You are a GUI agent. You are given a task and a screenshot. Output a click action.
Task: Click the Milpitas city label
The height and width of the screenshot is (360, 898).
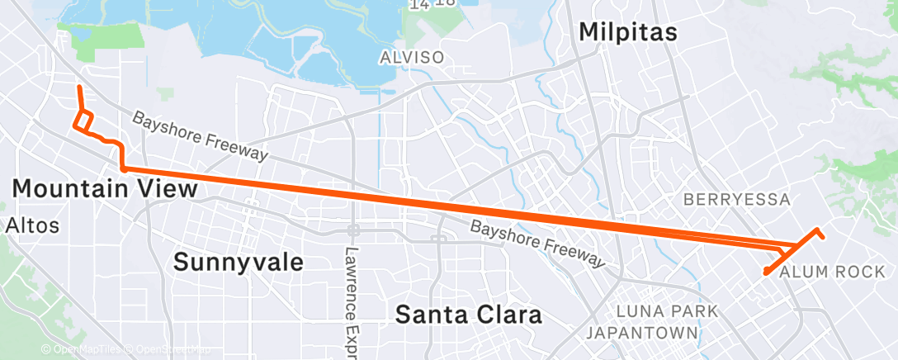tap(628, 32)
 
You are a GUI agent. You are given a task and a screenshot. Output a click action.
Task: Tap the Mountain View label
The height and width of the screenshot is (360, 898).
tap(105, 189)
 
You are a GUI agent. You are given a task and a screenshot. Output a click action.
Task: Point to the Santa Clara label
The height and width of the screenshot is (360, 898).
tap(468, 315)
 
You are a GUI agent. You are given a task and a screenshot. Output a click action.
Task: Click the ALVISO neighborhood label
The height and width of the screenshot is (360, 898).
tap(412, 58)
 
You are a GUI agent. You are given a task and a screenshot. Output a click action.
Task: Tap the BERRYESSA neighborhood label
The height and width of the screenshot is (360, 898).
tap(737, 200)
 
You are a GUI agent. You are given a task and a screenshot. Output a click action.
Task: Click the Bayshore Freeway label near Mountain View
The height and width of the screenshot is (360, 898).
tap(200, 137)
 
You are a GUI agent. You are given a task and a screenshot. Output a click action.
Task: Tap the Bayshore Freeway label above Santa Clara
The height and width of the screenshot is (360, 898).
tap(537, 243)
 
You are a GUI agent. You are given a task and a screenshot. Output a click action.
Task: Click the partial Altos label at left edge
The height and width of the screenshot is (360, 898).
tap(21, 225)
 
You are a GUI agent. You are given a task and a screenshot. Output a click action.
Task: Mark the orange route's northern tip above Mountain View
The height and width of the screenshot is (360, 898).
tap(78, 87)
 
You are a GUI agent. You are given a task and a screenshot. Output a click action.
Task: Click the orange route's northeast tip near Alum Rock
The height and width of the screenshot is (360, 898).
tap(822, 237)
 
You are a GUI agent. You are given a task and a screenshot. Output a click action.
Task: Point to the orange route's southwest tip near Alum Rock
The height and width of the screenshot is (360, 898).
tap(766, 272)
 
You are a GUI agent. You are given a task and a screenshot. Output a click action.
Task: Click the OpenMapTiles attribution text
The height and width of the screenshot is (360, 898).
tap(83, 350)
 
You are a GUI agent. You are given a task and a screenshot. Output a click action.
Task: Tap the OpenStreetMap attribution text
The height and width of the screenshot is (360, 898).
tap(168, 350)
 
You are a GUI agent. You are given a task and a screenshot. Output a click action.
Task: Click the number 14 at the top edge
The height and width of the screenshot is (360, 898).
tap(418, 4)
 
